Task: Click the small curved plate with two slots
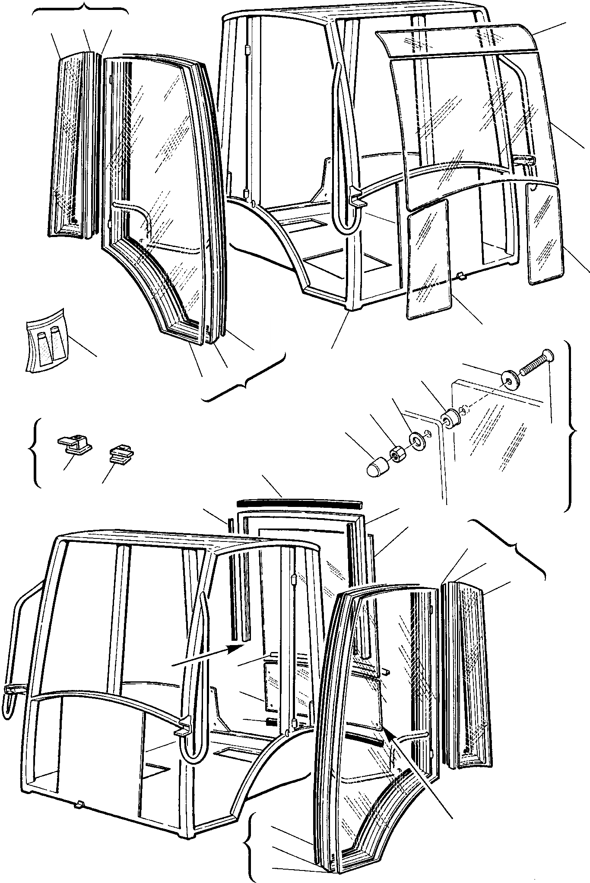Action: click(x=45, y=339)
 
